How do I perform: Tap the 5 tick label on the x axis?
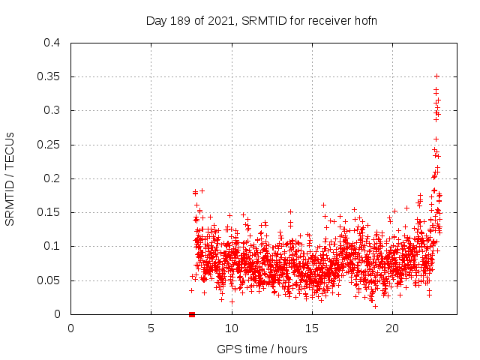click(x=151, y=328)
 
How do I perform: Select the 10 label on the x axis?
click(x=231, y=328)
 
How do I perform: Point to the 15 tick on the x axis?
click(x=311, y=328)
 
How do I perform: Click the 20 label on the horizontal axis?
click(x=391, y=328)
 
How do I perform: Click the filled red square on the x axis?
click(x=192, y=314)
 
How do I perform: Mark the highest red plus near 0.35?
click(x=436, y=76)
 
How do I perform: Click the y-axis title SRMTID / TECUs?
click(x=10, y=178)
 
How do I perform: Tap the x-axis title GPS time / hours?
click(x=261, y=349)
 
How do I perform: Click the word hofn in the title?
click(x=364, y=20)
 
